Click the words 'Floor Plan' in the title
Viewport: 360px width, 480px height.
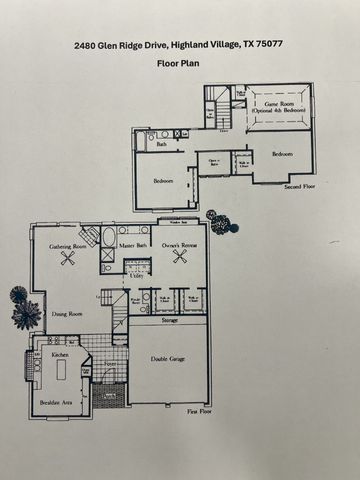point(180,62)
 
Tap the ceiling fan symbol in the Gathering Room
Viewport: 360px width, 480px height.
point(69,258)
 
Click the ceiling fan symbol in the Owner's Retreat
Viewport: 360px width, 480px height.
point(180,257)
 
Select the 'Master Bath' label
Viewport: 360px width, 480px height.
point(134,244)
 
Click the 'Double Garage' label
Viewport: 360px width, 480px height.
point(167,359)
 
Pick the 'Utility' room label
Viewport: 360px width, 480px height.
point(136,275)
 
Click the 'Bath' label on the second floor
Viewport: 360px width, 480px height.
point(162,145)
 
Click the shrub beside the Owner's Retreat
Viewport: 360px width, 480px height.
point(220,222)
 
